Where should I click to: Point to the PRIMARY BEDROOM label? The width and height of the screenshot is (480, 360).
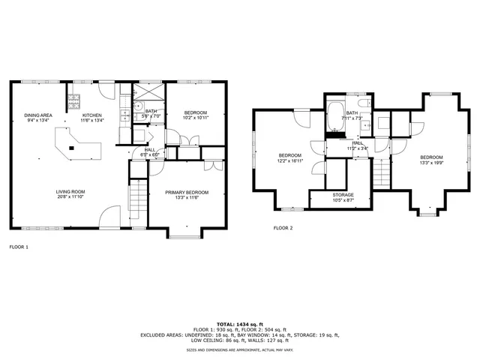(187, 192)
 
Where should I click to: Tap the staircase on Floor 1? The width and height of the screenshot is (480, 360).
(138, 198)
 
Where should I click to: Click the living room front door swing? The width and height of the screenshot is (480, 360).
(109, 218)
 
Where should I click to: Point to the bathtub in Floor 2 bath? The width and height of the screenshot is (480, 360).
(334, 118)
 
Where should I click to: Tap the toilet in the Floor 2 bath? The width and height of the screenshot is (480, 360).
(363, 104)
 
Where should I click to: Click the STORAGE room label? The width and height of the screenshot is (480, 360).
(343, 194)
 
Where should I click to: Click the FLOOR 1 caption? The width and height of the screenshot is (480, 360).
(19, 246)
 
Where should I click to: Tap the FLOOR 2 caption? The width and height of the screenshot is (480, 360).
(283, 227)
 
